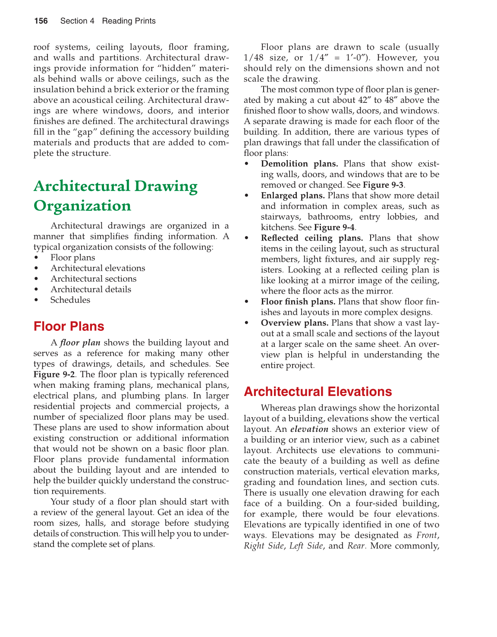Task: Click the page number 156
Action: pyautogui.click(x=41, y=21)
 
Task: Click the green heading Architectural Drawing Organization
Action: pyautogui.click(x=115, y=196)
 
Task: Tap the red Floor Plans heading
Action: pyautogui.click(x=69, y=326)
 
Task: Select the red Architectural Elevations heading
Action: pyautogui.click(x=318, y=392)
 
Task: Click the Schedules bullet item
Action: pyautogui.click(x=70, y=300)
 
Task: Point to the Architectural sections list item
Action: pyautogui.click(x=93, y=279)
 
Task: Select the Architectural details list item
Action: pyautogui.click(x=91, y=289)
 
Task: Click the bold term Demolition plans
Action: pyautogui.click(x=299, y=164)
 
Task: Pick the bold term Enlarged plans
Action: pyautogui.click(x=293, y=196)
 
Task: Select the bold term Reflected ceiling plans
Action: pyautogui.click(x=311, y=238)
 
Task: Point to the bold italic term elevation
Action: pyautogui.click(x=309, y=429)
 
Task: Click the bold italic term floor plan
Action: pyautogui.click(x=80, y=343)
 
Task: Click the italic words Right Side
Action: pyautogui.click(x=264, y=546)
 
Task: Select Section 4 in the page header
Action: pyautogui.click(x=77, y=21)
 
